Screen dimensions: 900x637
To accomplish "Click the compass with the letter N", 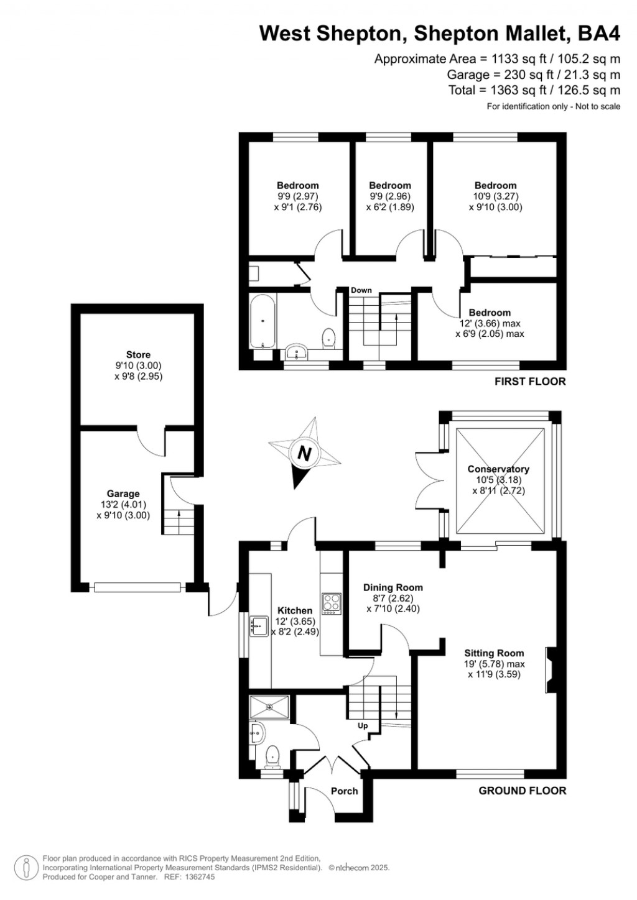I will click(x=304, y=452).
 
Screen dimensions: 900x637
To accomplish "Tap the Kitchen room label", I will click(x=295, y=610).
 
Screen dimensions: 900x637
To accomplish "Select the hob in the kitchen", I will click(x=332, y=603).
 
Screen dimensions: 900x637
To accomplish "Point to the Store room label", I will click(x=138, y=355).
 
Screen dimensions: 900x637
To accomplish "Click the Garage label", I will click(x=123, y=494).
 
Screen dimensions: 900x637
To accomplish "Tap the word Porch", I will click(x=344, y=791).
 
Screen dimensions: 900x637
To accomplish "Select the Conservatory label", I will click(x=498, y=469).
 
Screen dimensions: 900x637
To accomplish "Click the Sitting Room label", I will click(x=494, y=653).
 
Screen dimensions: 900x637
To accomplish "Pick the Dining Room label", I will click(x=393, y=587).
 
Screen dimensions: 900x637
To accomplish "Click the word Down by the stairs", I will click(x=361, y=290).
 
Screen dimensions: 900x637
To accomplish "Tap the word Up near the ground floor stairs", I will click(x=363, y=725).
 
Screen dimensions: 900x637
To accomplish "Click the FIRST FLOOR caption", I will click(x=530, y=382).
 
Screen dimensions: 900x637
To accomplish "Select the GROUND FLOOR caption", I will click(x=522, y=791).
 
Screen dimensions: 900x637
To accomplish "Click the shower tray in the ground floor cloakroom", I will click(x=269, y=707).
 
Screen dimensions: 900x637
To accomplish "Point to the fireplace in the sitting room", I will click(x=551, y=669).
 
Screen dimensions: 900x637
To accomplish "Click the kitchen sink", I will click(x=259, y=626).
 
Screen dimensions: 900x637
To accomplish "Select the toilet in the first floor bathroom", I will click(x=328, y=337).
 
